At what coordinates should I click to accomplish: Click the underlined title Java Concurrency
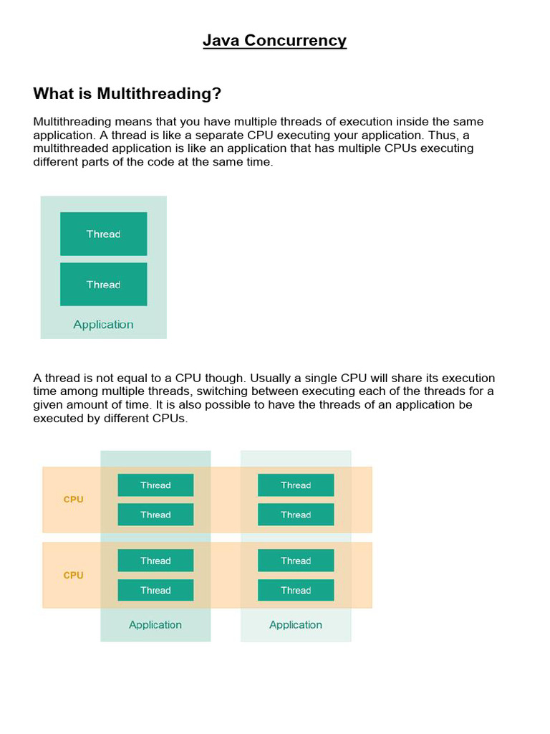274,40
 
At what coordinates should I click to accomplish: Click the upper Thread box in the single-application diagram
103,234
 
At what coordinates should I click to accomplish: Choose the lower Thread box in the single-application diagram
103,285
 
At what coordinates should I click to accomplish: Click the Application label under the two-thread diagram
103,325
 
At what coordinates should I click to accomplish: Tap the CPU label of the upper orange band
73,500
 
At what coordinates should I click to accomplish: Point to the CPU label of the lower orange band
73,575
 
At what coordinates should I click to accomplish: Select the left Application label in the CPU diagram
155,625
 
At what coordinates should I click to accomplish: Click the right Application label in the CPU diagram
296,625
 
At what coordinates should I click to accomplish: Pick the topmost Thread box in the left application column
155,485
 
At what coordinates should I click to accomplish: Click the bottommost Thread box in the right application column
296,591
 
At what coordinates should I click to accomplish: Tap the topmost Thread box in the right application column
296,485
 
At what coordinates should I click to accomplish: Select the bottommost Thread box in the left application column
155,591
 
